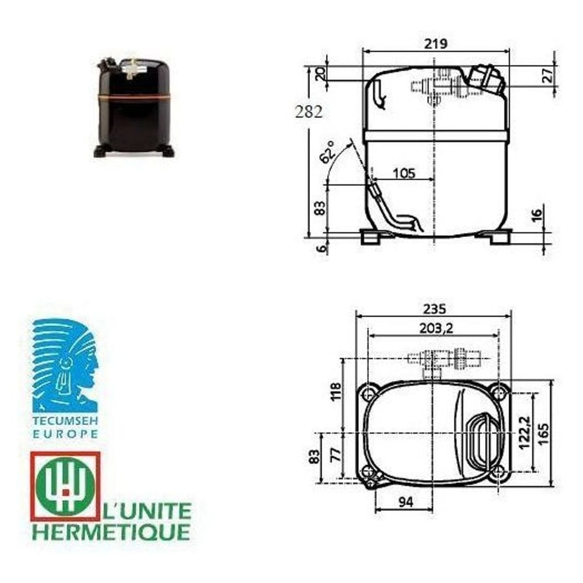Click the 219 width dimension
435,44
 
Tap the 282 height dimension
309,112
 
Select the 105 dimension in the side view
404,173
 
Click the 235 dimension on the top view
434,309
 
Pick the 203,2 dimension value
436,328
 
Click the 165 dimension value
544,433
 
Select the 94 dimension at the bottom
406,502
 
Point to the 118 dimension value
336,392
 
